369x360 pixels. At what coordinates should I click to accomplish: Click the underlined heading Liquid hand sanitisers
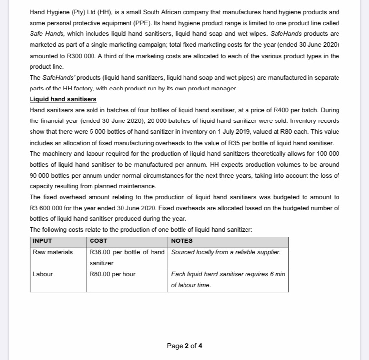[x=63, y=99]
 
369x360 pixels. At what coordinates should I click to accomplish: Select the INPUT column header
[x=42, y=241]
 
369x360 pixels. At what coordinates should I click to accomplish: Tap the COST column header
[x=99, y=241]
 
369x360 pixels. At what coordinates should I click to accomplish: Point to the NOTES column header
[x=182, y=241]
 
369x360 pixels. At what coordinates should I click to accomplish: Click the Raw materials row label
[x=53, y=252]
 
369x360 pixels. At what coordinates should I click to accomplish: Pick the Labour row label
[x=43, y=274]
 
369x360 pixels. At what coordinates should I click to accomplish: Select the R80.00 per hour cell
[x=113, y=274]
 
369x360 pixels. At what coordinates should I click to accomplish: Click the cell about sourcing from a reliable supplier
[x=226, y=252]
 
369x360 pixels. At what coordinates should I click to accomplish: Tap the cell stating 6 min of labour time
[x=228, y=279]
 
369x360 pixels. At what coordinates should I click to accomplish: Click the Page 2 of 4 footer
[x=184, y=346]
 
